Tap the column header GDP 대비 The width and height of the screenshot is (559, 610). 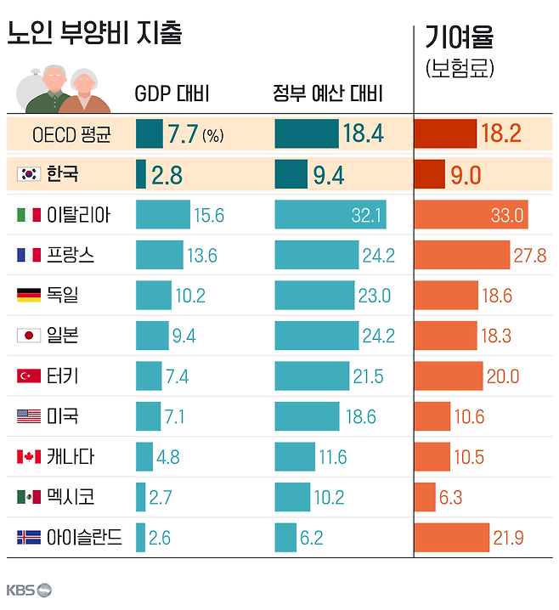172,93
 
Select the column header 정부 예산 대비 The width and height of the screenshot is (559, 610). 328,93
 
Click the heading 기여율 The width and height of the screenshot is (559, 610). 459,37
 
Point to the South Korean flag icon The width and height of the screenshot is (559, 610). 29,173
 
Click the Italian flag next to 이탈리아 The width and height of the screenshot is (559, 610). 29,214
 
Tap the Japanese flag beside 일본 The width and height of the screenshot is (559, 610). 29,336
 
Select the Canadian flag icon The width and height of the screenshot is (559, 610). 29,456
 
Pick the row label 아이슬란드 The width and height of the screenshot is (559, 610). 86,537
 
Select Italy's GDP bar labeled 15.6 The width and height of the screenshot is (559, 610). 162,214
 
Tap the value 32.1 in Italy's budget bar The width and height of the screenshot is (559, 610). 367,215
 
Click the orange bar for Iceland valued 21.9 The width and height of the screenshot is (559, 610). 451,537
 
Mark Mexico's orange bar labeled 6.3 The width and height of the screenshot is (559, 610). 425,497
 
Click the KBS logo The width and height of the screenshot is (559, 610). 29,590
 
